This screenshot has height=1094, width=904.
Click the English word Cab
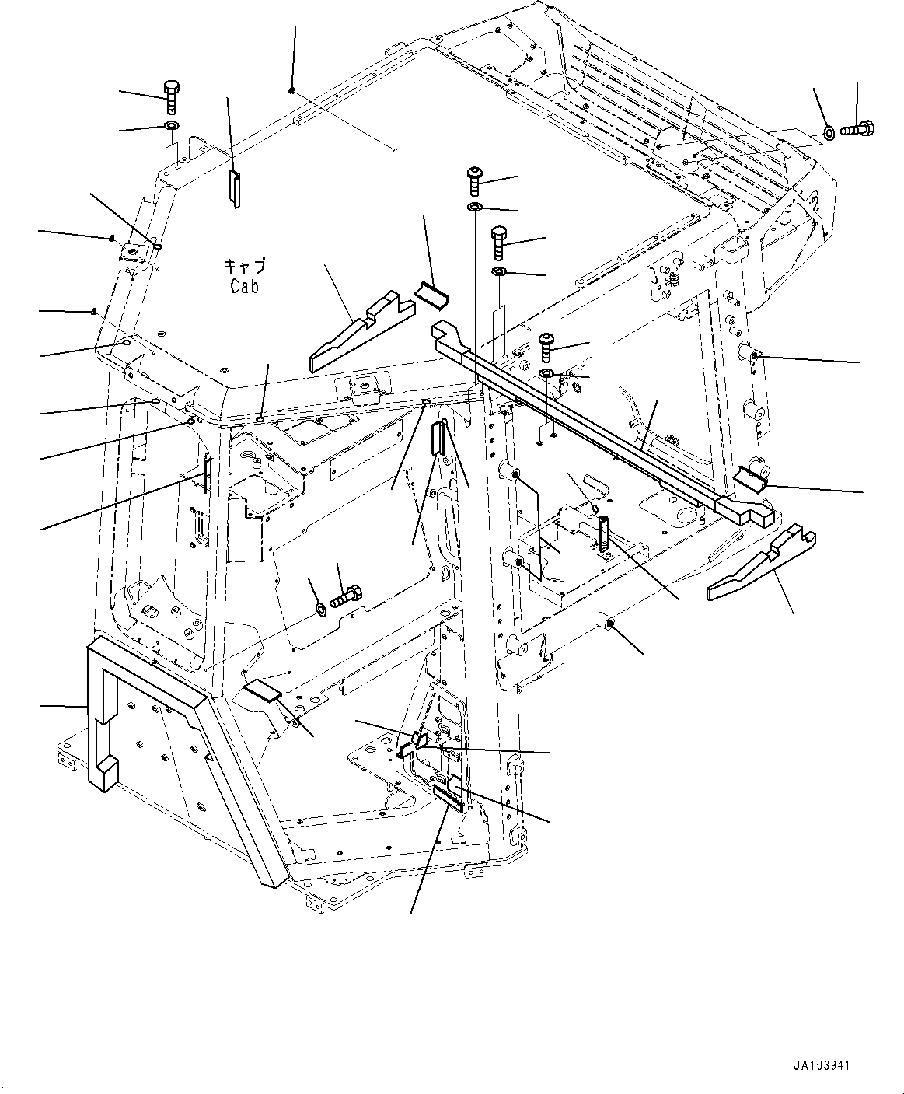coord(243,286)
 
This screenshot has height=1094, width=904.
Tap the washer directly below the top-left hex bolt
coord(171,127)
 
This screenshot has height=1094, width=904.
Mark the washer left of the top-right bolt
coord(829,133)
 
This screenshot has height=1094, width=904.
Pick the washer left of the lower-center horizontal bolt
coord(319,606)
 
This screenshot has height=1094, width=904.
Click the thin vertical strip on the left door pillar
coord(207,474)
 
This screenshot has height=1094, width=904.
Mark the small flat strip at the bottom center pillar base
coord(449,798)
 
